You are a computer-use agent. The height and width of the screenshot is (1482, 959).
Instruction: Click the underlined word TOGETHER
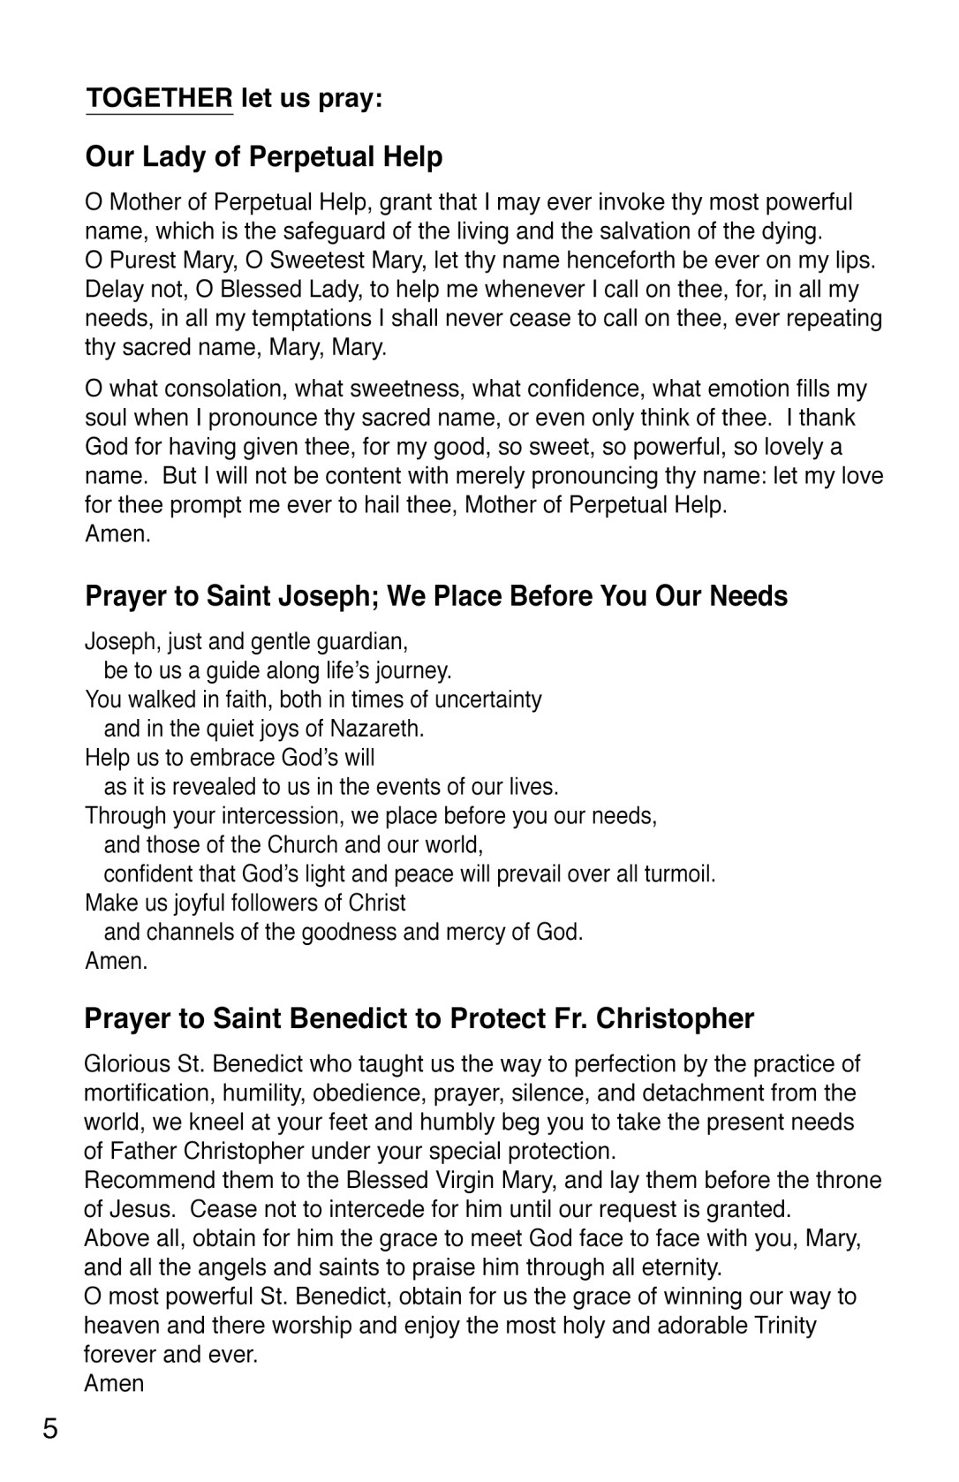tap(159, 98)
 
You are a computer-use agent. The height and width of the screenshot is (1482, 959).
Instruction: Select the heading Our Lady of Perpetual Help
tap(263, 157)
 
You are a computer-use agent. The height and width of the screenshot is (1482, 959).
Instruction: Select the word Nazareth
tap(377, 729)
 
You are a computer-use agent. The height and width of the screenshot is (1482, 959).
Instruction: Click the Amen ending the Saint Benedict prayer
tap(114, 1383)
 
